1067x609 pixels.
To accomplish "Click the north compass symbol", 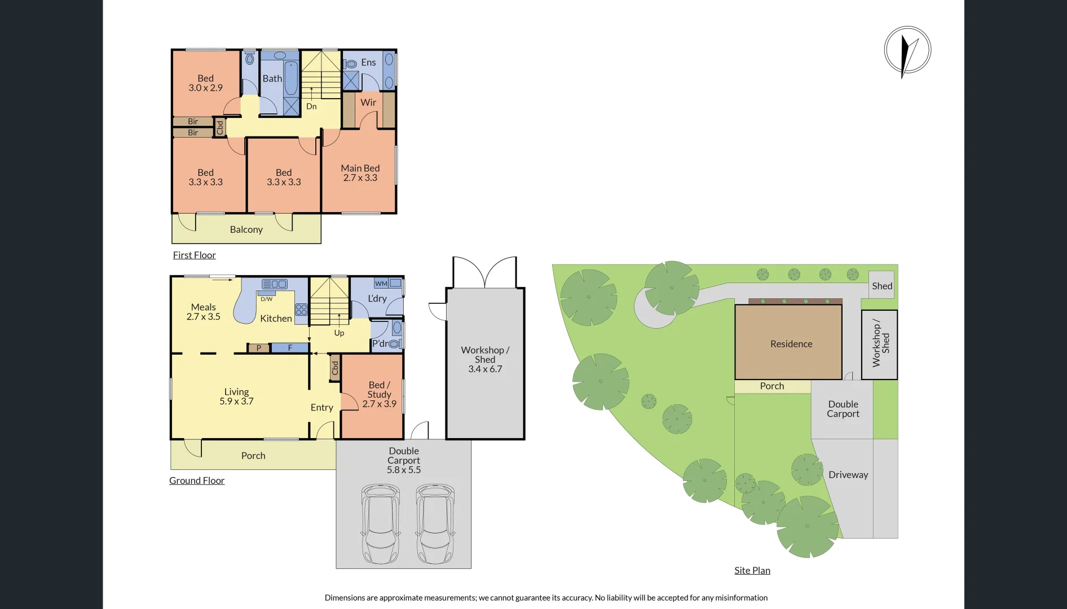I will (907, 50).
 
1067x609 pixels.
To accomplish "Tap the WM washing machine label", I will (381, 284).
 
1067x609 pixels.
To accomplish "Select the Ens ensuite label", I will (368, 63).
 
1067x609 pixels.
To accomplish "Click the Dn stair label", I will (311, 107).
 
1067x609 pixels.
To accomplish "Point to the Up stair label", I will (339, 333).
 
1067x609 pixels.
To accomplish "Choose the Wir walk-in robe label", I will (368, 103).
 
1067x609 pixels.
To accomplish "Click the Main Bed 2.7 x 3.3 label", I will (360, 173).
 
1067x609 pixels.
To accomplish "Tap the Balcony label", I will (246, 230).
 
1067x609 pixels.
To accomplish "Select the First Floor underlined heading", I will (194, 255).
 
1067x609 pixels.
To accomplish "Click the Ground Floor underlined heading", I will (197, 480).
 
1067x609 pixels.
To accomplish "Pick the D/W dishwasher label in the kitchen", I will (267, 299).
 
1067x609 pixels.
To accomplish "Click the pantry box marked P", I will (259, 348).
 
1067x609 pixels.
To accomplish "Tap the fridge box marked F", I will (290, 348).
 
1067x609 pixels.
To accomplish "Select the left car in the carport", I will (381, 523).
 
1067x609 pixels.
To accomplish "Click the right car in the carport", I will (435, 523).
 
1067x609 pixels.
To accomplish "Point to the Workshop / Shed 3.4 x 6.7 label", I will (485, 359).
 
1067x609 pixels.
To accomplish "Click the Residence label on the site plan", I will (791, 344).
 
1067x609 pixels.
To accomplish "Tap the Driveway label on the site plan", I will (848, 475).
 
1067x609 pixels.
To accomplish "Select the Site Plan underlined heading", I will (752, 571).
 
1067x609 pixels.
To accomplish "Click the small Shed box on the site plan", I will (882, 286).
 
